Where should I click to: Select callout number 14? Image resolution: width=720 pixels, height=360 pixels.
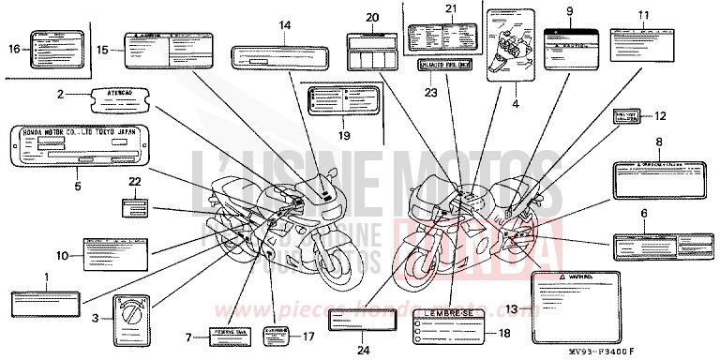tap(284, 24)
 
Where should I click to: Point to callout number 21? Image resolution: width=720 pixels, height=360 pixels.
tap(450, 8)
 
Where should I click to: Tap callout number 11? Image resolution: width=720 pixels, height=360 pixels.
tap(642, 14)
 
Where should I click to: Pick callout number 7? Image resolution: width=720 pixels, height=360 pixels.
tap(189, 336)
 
